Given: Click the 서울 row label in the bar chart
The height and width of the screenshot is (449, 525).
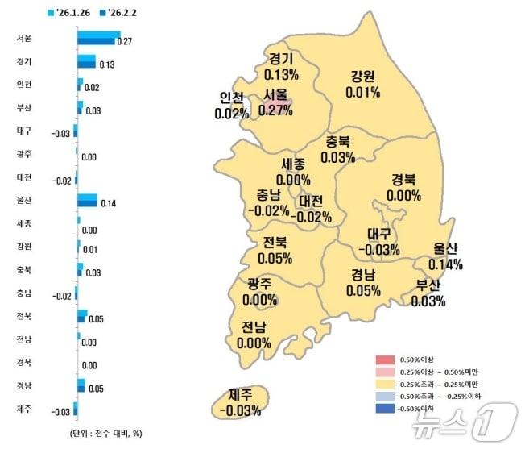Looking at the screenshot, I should pyautogui.click(x=23, y=38).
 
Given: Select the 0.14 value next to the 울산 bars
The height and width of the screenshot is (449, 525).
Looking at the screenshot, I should pyautogui.click(x=109, y=204).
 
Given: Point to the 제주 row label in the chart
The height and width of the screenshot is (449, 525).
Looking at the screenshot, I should pyautogui.click(x=23, y=410).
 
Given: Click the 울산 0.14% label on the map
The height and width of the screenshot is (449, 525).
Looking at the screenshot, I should pyautogui.click(x=444, y=256).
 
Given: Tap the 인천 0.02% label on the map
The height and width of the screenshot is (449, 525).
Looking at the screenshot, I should pyautogui.click(x=232, y=106).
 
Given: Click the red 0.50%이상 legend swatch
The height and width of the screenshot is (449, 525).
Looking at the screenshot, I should pyautogui.click(x=385, y=359).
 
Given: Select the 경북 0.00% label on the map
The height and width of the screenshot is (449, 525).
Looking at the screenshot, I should pyautogui.click(x=403, y=187).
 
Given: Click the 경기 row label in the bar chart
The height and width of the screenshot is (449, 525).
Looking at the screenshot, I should pyautogui.click(x=23, y=61).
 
